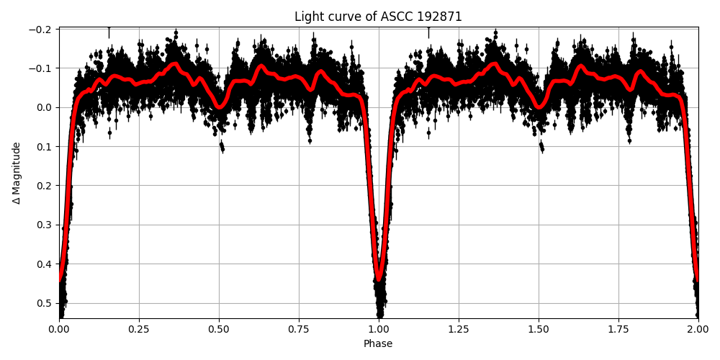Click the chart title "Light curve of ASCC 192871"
click(378, 17)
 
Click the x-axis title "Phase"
click(378, 344)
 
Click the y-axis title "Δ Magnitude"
click(17, 173)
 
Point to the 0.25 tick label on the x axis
click(139, 329)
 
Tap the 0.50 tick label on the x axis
click(219, 329)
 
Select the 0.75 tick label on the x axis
click(299, 329)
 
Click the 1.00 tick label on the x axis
click(379, 329)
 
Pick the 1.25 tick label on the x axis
click(459, 329)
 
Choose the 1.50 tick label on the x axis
click(539, 329)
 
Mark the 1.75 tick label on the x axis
click(618, 329)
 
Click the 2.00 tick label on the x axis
click(698, 329)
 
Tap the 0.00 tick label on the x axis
click(59, 329)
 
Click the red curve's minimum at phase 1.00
click(379, 279)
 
